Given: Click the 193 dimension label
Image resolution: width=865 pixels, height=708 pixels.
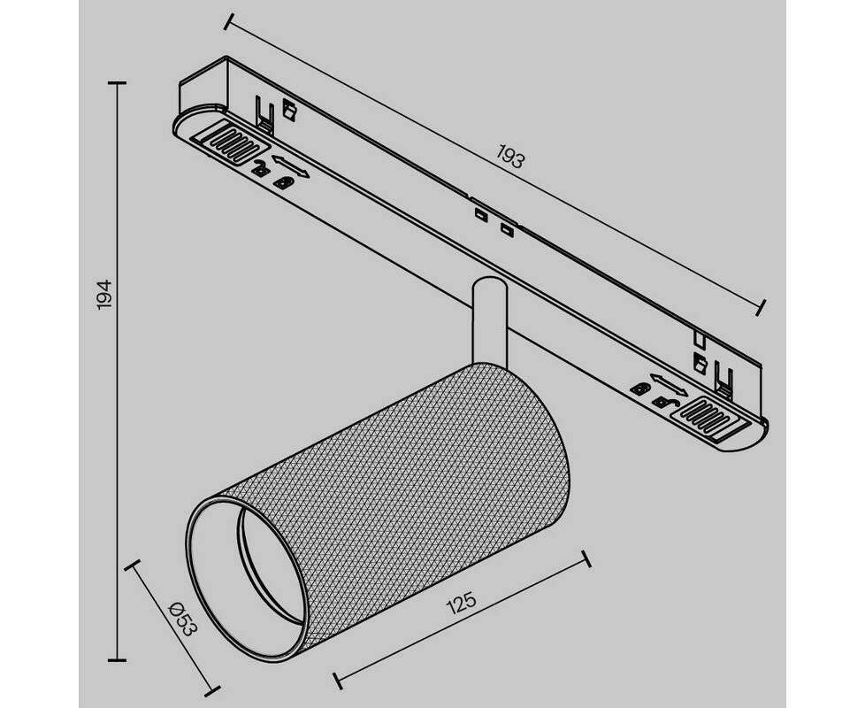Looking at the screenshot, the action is point(510,156).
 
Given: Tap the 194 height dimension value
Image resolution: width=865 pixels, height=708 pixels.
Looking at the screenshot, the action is point(105,296).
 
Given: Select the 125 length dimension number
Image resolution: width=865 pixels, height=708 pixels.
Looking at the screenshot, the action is point(461,604).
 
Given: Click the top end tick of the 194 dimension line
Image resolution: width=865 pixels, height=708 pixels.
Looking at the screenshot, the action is point(117,83).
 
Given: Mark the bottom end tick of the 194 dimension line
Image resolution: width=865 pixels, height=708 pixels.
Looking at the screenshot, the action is point(117,659).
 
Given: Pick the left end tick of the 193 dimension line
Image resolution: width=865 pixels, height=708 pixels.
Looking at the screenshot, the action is point(228,21).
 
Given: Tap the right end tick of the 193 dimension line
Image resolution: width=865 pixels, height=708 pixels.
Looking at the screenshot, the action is point(762,308).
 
